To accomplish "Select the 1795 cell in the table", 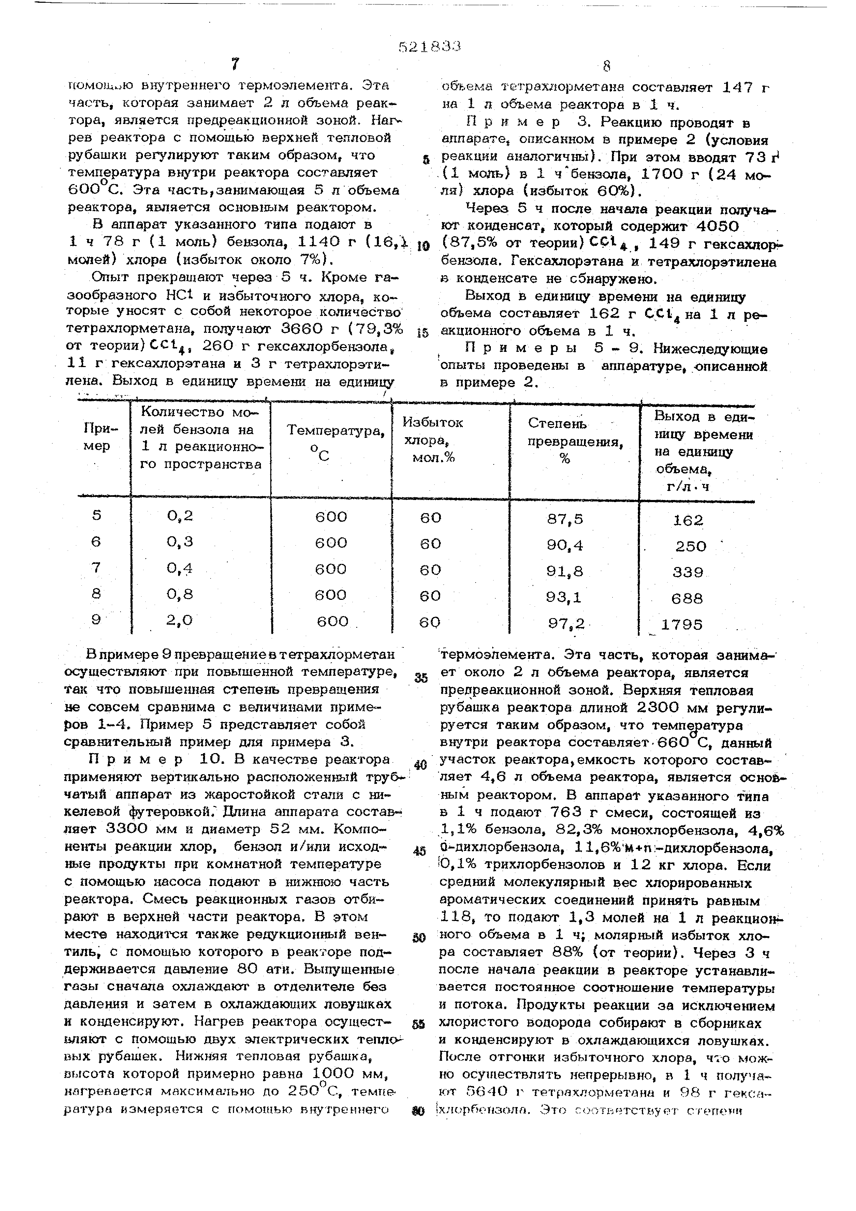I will point(682,624).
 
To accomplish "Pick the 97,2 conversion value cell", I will point(566,623).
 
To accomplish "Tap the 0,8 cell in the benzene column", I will point(180,594).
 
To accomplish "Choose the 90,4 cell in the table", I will point(565,545).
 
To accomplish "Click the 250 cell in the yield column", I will point(690,546).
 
